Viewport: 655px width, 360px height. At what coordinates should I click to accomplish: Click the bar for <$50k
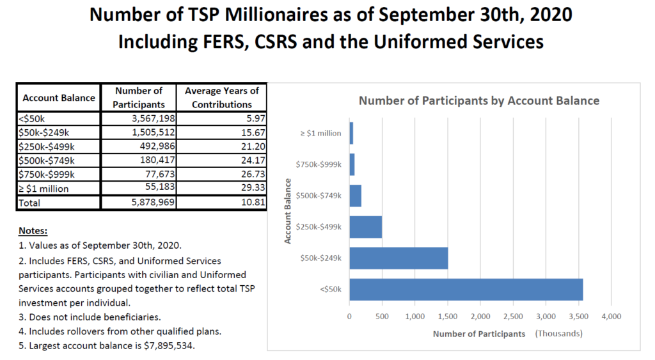coord(466,290)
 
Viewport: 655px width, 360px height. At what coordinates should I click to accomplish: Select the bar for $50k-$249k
coord(398,258)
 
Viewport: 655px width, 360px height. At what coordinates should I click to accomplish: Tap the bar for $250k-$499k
coord(365,227)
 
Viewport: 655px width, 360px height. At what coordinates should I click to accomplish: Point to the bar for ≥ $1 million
coord(351,133)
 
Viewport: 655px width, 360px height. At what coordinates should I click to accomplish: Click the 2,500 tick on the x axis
coord(513,317)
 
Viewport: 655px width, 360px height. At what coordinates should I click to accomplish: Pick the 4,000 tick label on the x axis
coord(611,317)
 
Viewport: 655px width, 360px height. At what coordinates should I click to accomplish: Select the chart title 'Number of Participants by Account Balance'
coord(478,100)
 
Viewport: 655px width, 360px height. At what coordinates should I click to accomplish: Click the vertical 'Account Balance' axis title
coord(288,211)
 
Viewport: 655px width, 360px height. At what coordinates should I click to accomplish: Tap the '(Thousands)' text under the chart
coord(559,334)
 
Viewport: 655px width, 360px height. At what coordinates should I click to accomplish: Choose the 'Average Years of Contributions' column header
coord(222,98)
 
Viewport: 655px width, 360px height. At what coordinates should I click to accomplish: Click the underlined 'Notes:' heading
coord(33,230)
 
